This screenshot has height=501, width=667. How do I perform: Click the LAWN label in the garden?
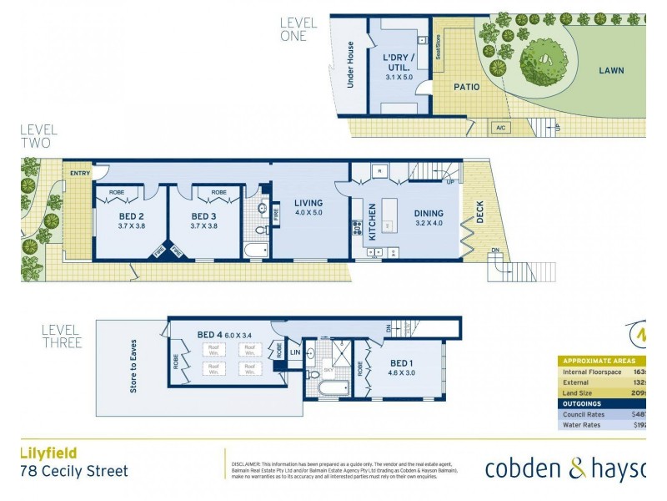pos(611,71)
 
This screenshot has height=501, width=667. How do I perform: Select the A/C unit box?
pos(501,128)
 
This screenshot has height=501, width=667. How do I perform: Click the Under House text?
pos(351,64)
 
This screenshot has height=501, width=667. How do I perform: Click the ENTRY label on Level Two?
pos(80,173)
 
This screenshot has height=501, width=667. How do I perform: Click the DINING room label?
pos(430,214)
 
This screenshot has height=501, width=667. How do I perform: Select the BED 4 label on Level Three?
pos(208,335)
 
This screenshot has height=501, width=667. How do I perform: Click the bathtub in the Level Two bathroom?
pos(255,250)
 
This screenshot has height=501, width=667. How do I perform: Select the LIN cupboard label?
pos(294,353)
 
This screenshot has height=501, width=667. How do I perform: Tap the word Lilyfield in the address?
pos(48,453)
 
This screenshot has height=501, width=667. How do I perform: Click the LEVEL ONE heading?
pos(293,29)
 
